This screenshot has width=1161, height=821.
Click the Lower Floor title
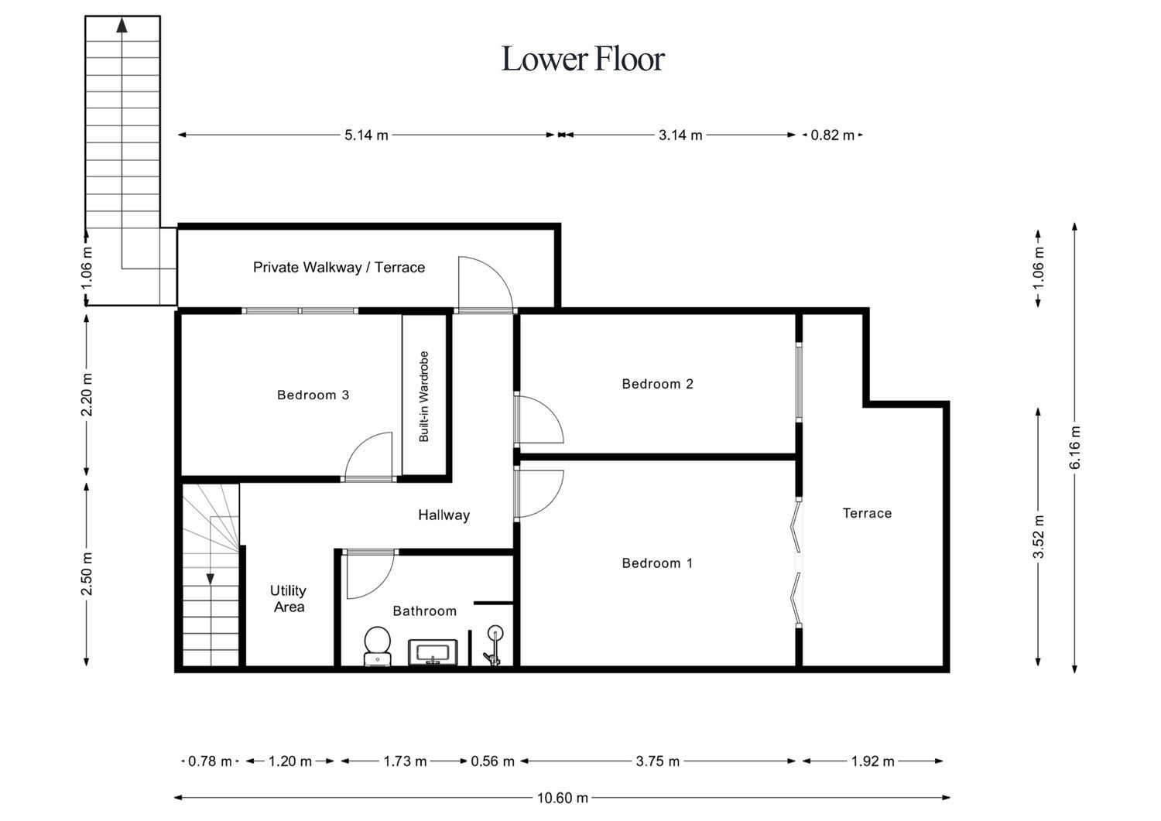click(583, 59)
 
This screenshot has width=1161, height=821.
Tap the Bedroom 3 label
click(313, 395)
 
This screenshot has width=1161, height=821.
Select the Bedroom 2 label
click(657, 384)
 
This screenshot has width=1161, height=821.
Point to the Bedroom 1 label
click(657, 563)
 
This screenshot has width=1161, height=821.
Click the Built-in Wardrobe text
click(424, 396)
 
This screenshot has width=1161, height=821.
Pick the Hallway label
click(444, 515)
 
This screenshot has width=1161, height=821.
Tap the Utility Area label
click(288, 599)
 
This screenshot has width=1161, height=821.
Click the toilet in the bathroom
click(378, 646)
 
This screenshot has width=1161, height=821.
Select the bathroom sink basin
click(433, 652)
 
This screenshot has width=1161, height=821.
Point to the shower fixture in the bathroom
click(494, 645)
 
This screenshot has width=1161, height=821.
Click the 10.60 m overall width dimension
click(563, 798)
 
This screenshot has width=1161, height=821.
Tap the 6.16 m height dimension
click(1075, 447)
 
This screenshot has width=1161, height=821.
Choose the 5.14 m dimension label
click(366, 135)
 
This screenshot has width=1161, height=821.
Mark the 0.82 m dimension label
click(832, 135)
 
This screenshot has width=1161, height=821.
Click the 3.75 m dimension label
click(658, 761)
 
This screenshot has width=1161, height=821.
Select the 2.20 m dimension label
click(87, 395)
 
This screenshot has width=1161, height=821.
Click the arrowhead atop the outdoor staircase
click(122, 26)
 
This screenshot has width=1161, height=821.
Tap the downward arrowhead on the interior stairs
click(211, 579)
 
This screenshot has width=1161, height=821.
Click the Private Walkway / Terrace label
click(339, 268)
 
